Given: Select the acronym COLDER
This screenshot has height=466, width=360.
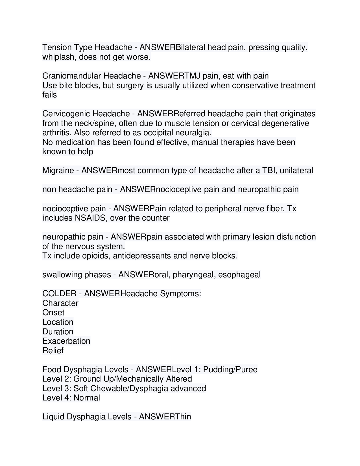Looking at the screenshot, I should (59, 293).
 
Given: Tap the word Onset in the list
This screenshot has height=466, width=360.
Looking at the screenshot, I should (53, 312).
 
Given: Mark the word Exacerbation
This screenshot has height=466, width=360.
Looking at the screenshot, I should (66, 341).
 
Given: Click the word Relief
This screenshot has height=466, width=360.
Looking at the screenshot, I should (53, 350).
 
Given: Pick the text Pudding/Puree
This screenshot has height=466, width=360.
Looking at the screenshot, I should (230, 369).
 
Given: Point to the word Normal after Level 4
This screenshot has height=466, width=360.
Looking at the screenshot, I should (87, 398).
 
